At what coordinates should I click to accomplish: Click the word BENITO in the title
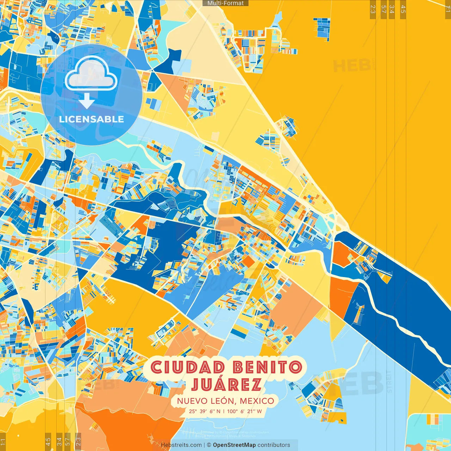[267, 368]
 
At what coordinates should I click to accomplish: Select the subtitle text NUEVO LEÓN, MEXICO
[225, 401]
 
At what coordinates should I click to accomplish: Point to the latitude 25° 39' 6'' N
[205, 411]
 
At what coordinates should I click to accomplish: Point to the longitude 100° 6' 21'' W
[245, 411]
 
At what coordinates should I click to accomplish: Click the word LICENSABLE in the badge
[92, 119]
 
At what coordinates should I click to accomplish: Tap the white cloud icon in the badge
[91, 74]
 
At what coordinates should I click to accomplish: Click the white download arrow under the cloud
[87, 101]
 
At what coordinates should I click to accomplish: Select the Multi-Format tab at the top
[225, 3]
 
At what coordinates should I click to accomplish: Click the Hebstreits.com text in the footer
[181, 445]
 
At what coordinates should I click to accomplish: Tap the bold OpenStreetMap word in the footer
[234, 445]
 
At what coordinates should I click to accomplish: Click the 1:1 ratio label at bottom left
[3, 442]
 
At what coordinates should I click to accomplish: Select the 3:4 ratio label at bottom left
[59, 441]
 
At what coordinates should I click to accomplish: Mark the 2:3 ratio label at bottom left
[78, 441]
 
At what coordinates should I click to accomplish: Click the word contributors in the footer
[274, 445]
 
